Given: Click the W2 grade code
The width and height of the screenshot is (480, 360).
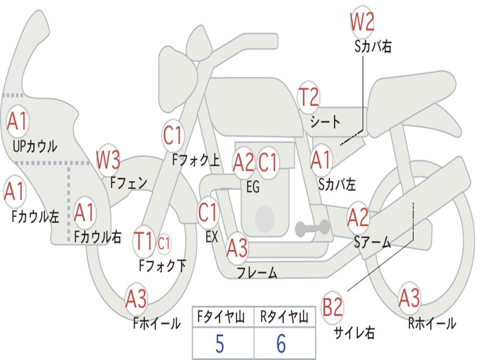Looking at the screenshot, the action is pos(362,22).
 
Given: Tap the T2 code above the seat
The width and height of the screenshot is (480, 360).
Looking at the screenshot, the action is pos(308,97).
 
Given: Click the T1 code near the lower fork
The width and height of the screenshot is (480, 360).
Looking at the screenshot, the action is pos(143,241).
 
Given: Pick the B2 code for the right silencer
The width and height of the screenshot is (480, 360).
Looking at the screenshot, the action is pos(332,307).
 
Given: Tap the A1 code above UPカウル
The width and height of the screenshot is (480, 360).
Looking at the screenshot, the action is pos(17,121).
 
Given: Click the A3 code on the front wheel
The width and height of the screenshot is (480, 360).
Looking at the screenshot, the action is pos(136,299).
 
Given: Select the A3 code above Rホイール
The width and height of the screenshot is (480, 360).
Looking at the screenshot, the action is pos(409,298).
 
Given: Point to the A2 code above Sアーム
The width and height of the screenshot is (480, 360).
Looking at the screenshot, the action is pos(358,217).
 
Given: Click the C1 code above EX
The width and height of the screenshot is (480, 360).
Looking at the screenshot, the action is pos(207,212).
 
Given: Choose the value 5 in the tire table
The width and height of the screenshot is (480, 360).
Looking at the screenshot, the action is pos(220,344).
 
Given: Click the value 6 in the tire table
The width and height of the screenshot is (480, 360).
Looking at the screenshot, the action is pos(281,344).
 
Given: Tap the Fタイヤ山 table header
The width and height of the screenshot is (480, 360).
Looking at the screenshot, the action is pos(221,316).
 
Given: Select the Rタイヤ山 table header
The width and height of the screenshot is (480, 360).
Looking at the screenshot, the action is pos(284,316).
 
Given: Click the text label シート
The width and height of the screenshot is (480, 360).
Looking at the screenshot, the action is pos(325,122).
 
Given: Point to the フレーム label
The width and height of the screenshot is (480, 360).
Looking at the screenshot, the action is pos(257,272).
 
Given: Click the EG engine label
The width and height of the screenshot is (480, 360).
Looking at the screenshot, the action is pos(253,187).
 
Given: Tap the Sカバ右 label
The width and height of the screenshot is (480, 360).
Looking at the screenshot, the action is pos(373,46).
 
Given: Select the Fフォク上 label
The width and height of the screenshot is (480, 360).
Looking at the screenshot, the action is pos(196,160).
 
